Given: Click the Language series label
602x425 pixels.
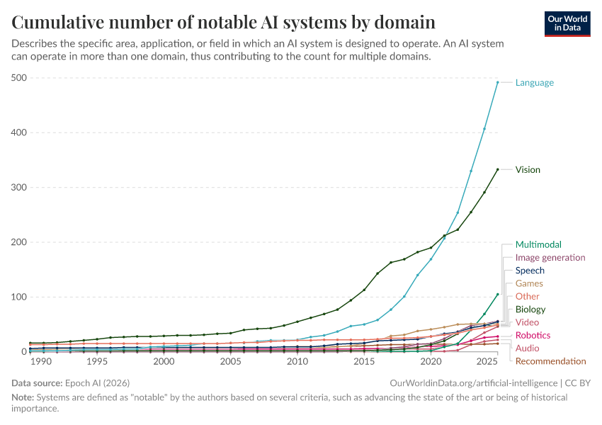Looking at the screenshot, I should coord(534,83).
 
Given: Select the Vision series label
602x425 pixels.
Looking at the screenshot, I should coord(528,170).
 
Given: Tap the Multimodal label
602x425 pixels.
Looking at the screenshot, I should coord(538,245).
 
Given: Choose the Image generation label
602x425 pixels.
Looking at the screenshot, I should coord(550,258).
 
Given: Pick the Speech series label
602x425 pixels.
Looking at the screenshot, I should coord(530,271).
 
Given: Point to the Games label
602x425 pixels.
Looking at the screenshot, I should coord(529,283).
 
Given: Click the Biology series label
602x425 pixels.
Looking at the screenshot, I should coord(530,310).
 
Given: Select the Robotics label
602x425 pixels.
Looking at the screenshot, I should coord(533,335).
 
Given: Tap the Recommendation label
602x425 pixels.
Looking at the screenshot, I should coord(550,361).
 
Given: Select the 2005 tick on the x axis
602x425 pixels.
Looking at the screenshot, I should coord(230,361).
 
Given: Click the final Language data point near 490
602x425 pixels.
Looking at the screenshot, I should coord(497,82).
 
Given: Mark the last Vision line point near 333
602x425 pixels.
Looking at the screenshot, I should coord(497,169).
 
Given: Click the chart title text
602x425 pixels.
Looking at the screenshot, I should coord(224,22).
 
